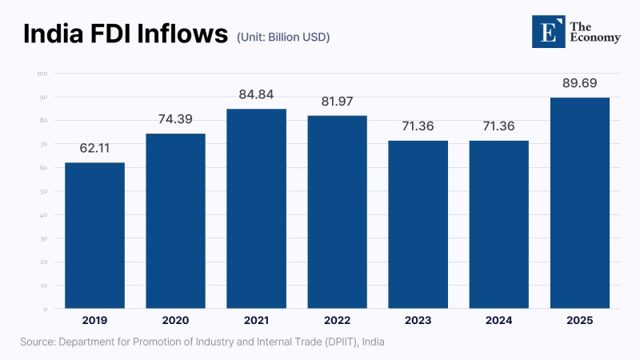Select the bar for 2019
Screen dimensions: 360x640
point(94,235)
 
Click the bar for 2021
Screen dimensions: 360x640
point(256,209)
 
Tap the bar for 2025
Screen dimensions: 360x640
point(580,203)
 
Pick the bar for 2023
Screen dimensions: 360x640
point(418,225)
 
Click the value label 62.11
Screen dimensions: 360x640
point(94,149)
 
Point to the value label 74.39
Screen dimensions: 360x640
point(175,120)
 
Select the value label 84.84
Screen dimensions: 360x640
point(256,95)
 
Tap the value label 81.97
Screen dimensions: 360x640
point(337,102)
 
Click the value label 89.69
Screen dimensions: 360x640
point(580,84)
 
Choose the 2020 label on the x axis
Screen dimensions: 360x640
point(175,320)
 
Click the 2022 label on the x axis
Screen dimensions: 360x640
point(337,320)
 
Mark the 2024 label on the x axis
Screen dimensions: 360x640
point(499,320)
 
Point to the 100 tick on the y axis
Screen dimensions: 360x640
point(42,74)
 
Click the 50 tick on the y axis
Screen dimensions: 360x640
point(44,191)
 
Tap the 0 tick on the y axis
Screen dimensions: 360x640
point(46,309)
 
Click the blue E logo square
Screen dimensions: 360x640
point(548,31)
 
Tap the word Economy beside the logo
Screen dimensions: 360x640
point(594,38)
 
